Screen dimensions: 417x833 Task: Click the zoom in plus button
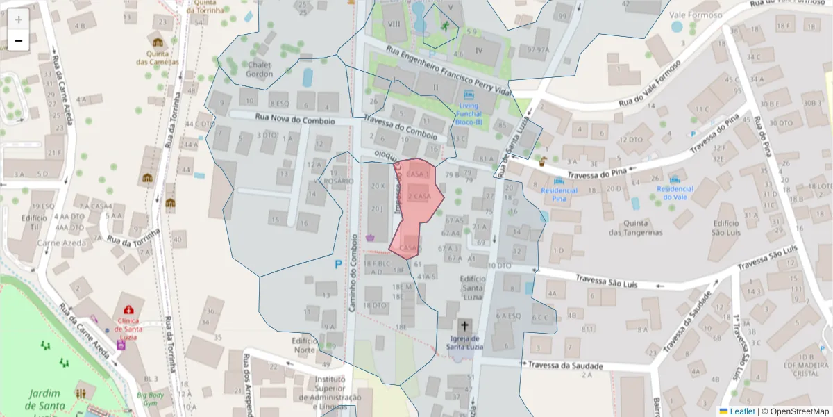point(19,19)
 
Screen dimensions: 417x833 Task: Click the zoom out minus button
point(19,40)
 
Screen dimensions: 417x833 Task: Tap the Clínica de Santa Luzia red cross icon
point(128,310)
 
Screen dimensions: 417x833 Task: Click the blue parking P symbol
point(338,264)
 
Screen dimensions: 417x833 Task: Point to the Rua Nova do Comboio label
point(294,120)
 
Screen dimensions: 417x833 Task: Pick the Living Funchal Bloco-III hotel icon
point(469,94)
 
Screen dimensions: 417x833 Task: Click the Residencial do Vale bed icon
point(675,178)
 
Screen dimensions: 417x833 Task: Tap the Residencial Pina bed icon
point(559,180)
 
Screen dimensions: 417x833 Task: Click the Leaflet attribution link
point(741,411)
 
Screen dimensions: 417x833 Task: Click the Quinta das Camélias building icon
point(158,42)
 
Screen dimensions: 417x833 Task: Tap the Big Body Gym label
point(151,398)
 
